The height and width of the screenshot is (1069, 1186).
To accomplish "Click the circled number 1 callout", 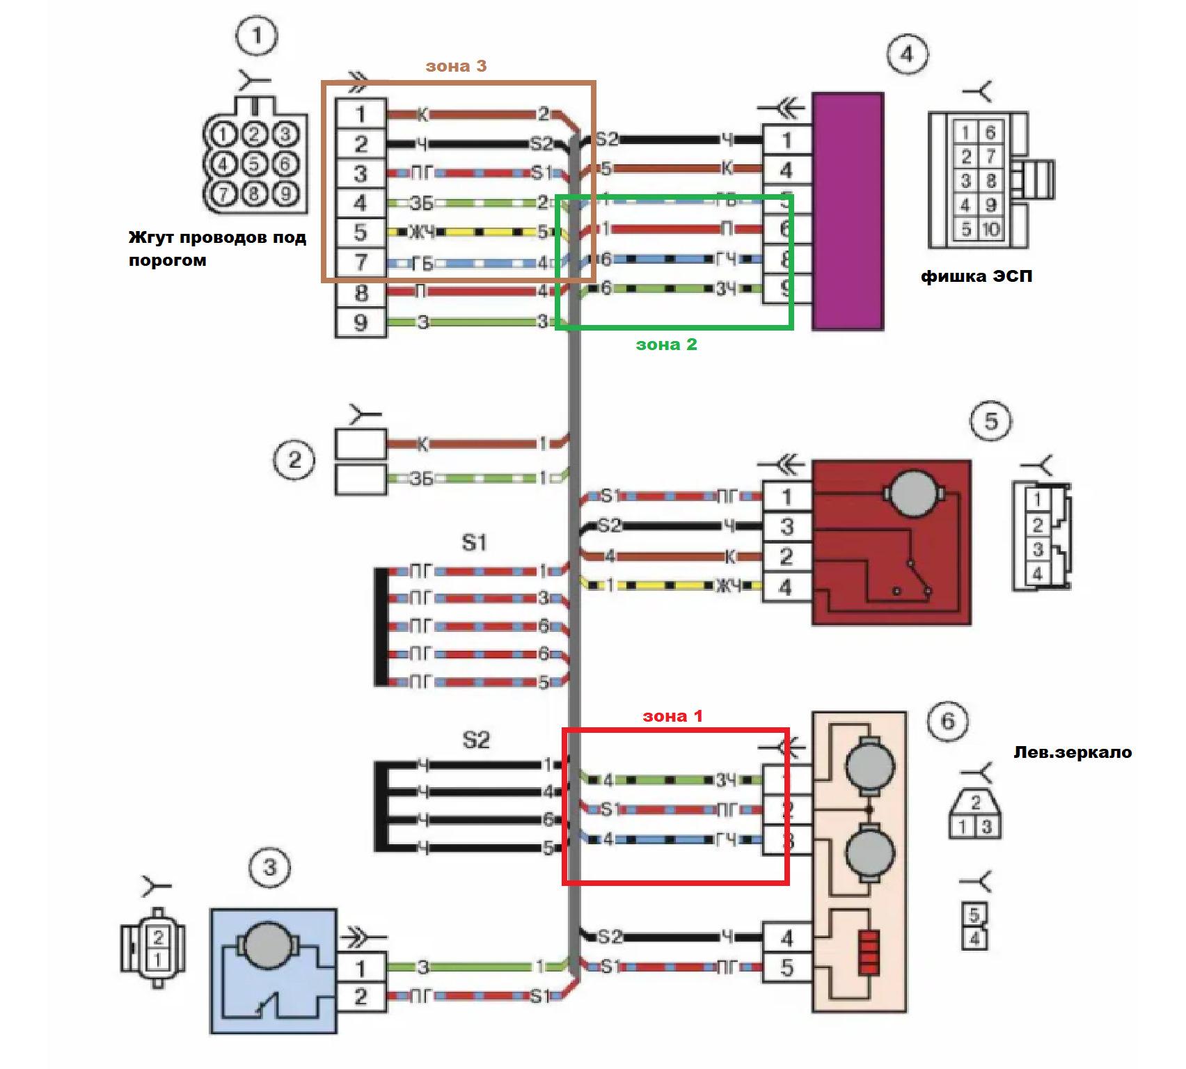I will click(256, 35).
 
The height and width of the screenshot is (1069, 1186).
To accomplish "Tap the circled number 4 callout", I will click(907, 53).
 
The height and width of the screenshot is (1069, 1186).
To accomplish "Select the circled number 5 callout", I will click(991, 421).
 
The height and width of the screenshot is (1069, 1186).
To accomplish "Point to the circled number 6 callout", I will click(948, 721).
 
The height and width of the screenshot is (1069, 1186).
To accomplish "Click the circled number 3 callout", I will click(269, 867).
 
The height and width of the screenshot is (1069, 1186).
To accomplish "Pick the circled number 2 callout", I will click(294, 460).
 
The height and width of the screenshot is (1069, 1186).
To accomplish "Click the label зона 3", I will click(456, 66).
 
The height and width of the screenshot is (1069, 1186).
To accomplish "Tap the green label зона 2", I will click(666, 344).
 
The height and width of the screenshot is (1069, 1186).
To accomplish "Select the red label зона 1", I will click(672, 716).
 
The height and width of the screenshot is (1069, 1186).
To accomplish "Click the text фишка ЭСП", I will click(976, 277).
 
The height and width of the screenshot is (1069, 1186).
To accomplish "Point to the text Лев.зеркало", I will click(1072, 752).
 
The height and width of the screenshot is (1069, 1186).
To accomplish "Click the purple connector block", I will click(848, 211).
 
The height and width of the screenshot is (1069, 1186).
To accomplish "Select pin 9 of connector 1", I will click(361, 323).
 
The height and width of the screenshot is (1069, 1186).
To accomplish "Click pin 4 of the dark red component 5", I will click(786, 587).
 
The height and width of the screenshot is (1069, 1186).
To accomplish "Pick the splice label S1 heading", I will click(474, 542).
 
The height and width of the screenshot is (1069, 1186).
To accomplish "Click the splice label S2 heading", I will click(476, 740).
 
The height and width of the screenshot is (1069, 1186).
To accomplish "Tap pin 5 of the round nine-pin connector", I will click(255, 164).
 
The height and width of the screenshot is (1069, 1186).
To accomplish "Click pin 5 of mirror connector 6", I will click(786, 967).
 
